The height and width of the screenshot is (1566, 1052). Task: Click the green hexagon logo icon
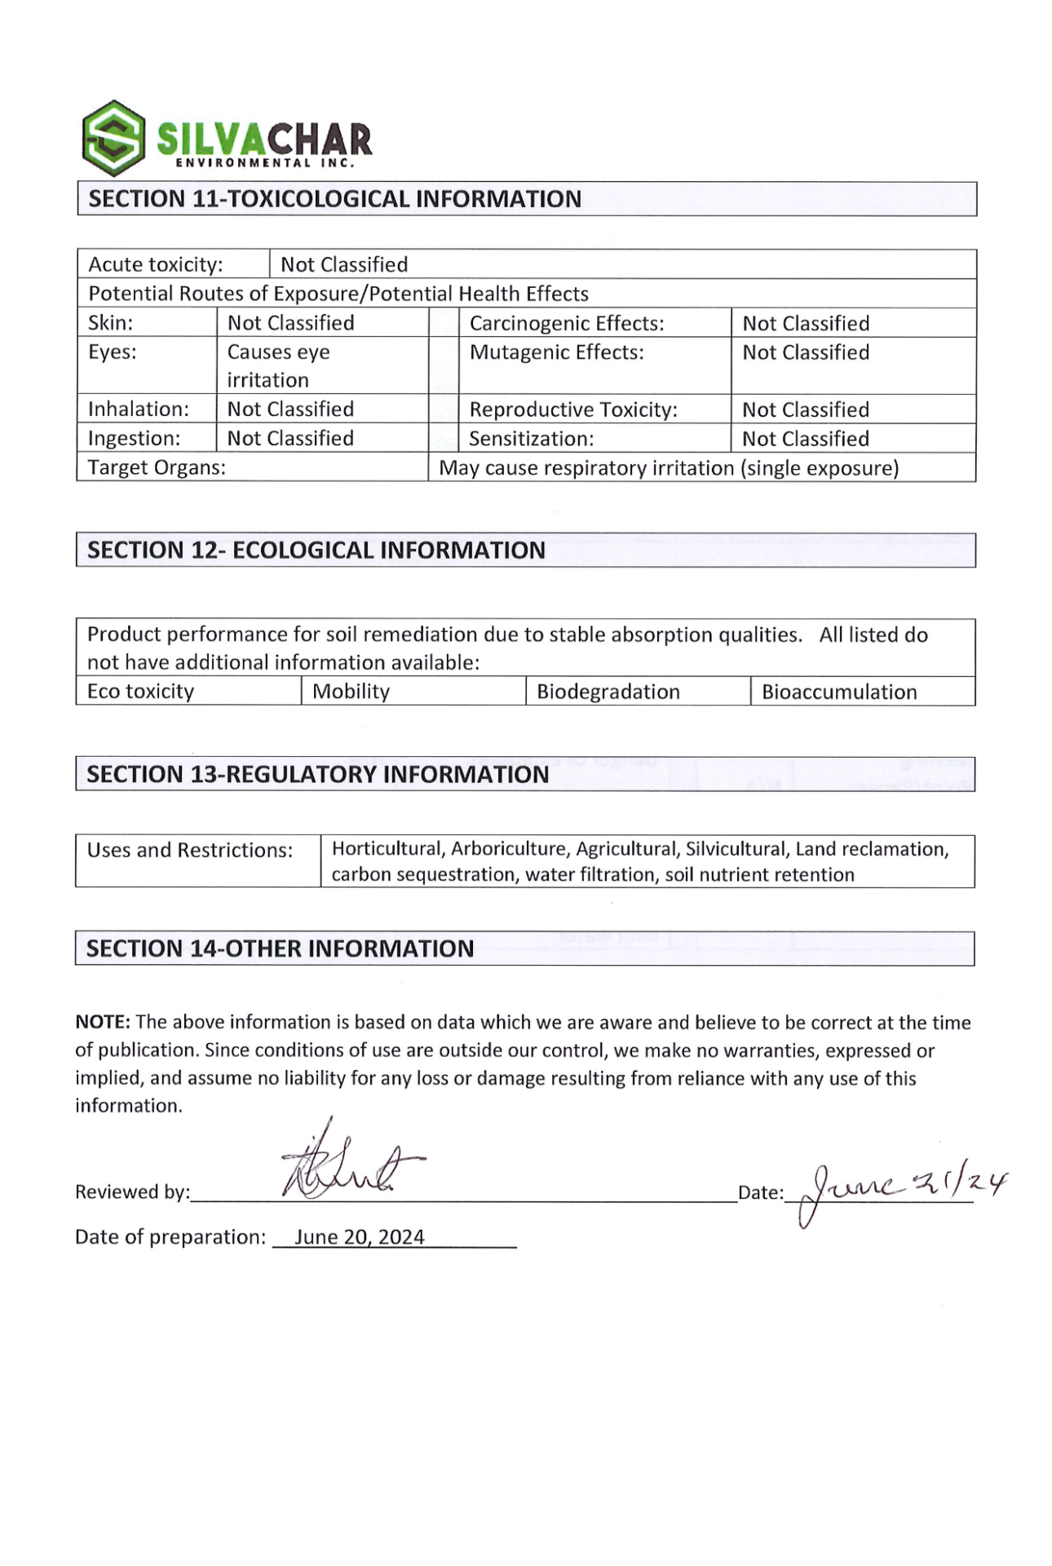(x=114, y=138)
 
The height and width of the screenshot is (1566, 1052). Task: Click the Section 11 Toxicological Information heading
(x=334, y=199)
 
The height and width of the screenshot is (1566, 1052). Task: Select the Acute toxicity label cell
(x=156, y=264)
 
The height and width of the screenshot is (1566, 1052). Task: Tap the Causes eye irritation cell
(x=278, y=365)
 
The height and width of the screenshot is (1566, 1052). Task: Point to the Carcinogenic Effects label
(x=567, y=323)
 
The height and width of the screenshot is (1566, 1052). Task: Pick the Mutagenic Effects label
(x=556, y=352)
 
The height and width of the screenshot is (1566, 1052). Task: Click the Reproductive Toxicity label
(x=573, y=409)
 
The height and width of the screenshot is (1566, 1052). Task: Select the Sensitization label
(x=531, y=439)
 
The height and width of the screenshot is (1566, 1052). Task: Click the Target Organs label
(x=157, y=467)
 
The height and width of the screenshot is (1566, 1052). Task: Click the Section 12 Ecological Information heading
(x=316, y=551)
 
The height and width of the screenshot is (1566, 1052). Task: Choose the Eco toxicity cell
(x=141, y=692)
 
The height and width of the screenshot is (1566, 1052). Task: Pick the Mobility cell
(x=351, y=692)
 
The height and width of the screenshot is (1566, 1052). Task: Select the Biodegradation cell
(x=608, y=692)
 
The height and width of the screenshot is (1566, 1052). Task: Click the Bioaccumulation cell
(x=839, y=692)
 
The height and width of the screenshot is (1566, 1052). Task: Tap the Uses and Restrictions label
(x=190, y=850)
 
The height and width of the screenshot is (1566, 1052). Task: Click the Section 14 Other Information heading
(x=281, y=949)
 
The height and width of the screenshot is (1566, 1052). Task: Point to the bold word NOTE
(x=103, y=1022)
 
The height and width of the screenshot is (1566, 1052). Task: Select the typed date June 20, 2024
(x=360, y=1236)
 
